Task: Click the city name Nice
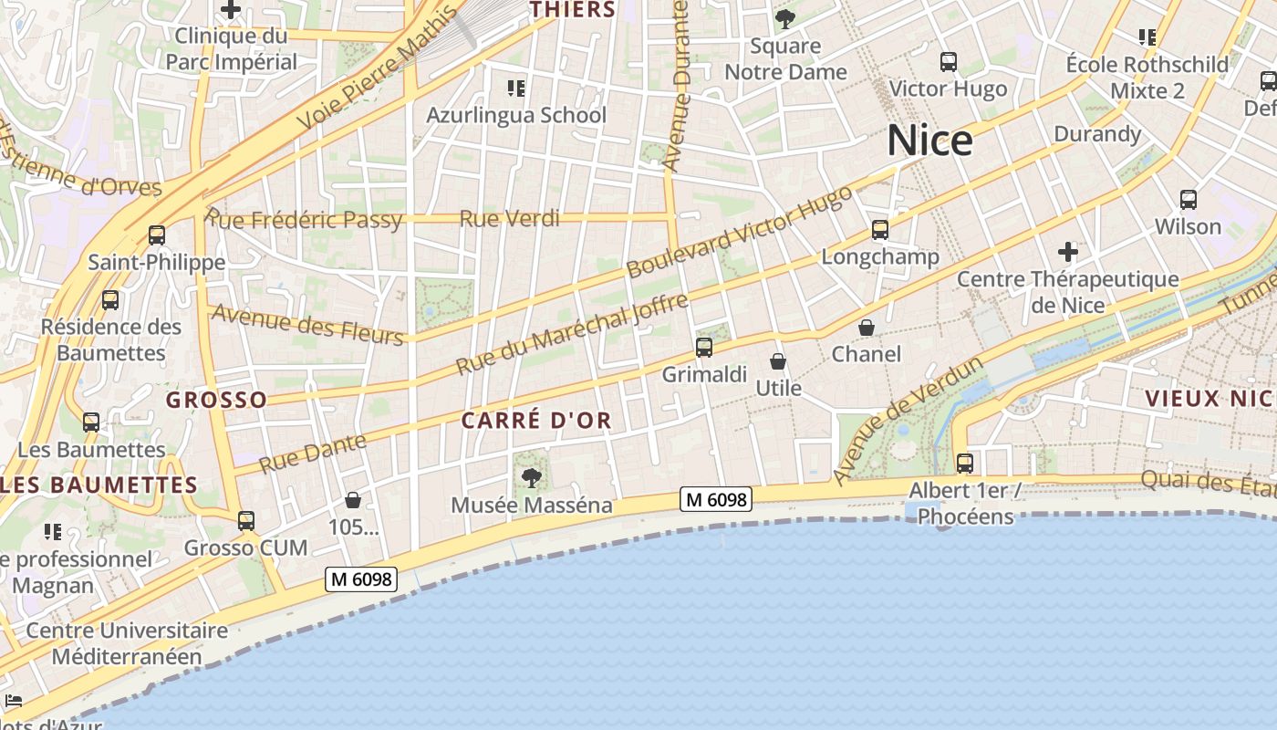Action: pyautogui.click(x=929, y=141)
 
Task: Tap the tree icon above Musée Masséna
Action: pyautogui.click(x=531, y=477)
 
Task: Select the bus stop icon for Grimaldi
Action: pyautogui.click(x=703, y=348)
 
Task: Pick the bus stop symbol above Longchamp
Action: pyautogui.click(x=879, y=230)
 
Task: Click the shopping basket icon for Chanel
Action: pyautogui.click(x=866, y=328)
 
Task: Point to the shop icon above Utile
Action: pyautogui.click(x=778, y=362)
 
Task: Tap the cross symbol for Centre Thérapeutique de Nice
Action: pyautogui.click(x=1067, y=252)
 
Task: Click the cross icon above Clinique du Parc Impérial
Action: pyautogui.click(x=231, y=10)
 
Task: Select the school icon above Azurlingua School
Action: pyautogui.click(x=516, y=89)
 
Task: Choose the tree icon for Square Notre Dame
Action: pyautogui.click(x=784, y=19)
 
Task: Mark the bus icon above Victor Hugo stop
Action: pyautogui.click(x=948, y=62)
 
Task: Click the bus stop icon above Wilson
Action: pyautogui.click(x=1188, y=200)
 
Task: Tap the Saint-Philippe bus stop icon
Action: pyautogui.click(x=157, y=236)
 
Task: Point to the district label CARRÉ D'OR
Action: pyautogui.click(x=536, y=421)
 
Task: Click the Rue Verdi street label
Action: pyautogui.click(x=509, y=219)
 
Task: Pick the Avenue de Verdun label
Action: pyautogui.click(x=908, y=421)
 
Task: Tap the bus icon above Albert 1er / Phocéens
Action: pyautogui.click(x=964, y=464)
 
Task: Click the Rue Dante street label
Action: pyautogui.click(x=313, y=453)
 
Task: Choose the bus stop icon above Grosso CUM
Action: pyautogui.click(x=245, y=522)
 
